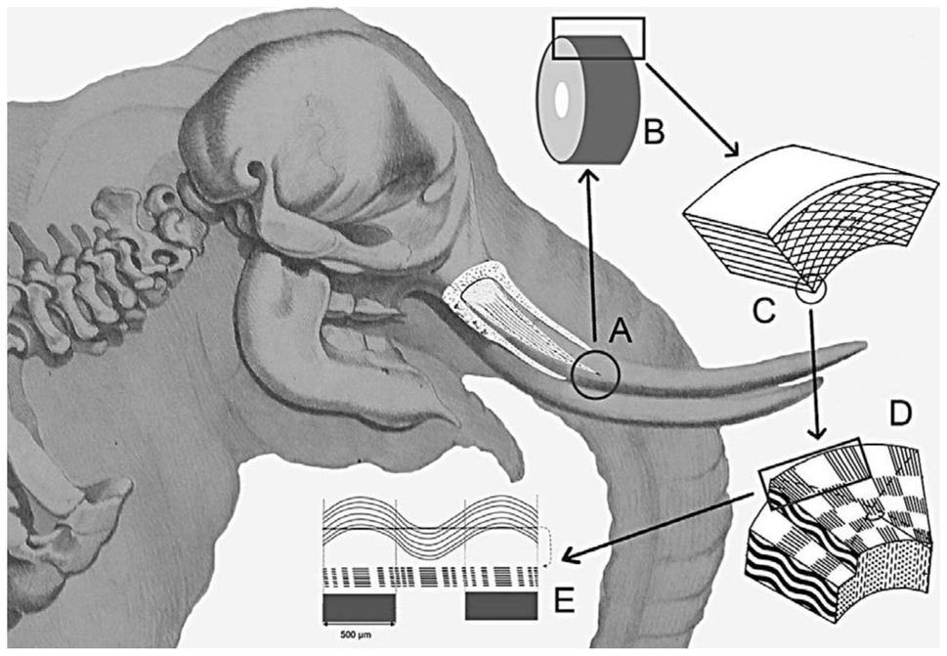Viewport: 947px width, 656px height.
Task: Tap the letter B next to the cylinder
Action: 654,132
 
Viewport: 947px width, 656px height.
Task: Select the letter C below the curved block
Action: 764,311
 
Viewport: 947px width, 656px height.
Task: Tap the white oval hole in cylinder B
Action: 562,99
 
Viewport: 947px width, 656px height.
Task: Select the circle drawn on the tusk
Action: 595,374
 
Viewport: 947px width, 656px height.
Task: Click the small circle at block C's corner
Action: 810,291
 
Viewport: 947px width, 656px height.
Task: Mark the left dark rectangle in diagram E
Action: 360,606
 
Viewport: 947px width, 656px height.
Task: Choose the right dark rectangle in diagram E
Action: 501,606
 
